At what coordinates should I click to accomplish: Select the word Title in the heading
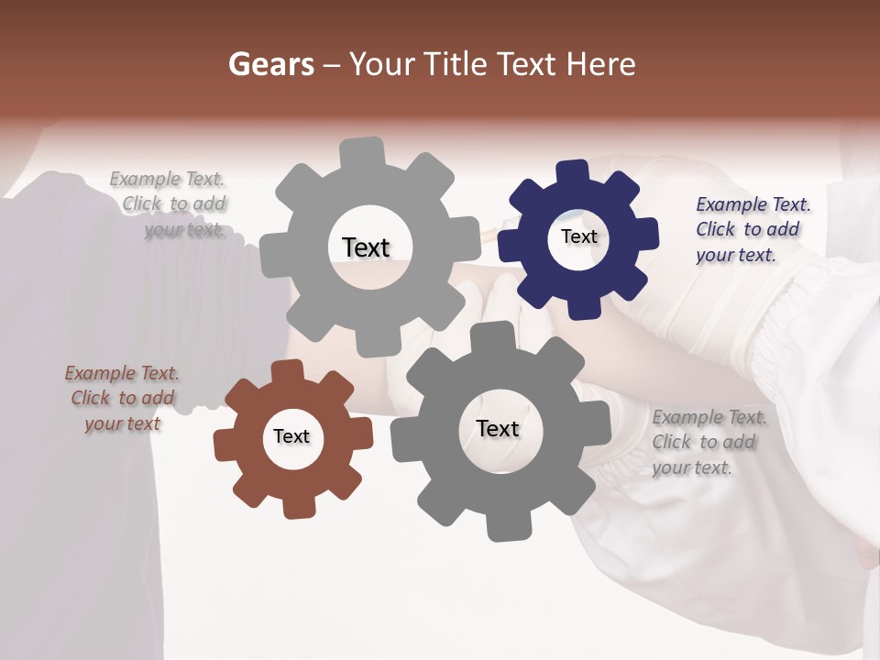tap(453, 64)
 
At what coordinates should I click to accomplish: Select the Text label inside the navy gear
tap(578, 236)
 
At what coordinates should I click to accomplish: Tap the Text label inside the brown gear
tap(291, 436)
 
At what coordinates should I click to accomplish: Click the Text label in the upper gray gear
tap(366, 247)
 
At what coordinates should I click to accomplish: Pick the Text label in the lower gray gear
tap(498, 428)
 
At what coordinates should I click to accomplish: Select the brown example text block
tap(123, 399)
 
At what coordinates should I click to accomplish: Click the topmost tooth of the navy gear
tap(572, 172)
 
